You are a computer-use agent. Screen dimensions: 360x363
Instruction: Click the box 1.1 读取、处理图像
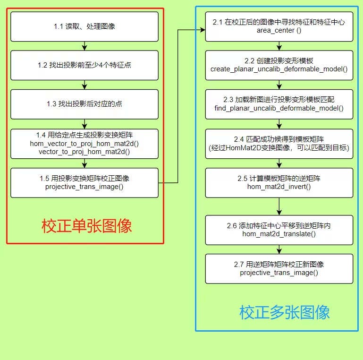point(84,26)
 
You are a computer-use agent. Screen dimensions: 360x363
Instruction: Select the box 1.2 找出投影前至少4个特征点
point(84,65)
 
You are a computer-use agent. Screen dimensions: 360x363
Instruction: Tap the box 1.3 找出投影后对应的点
point(84,104)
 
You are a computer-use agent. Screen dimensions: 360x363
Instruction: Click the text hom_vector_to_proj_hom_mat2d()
point(84,143)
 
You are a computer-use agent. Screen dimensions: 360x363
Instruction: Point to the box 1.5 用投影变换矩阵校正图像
point(84,182)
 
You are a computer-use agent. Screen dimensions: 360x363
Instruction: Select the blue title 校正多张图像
point(284,312)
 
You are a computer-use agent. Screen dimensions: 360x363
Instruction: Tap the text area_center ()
point(279,31)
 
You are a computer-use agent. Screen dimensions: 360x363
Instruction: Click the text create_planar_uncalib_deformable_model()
point(279,69)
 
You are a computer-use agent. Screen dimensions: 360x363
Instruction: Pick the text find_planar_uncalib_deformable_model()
point(279,109)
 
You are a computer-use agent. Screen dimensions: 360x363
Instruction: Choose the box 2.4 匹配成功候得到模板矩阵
point(279,143)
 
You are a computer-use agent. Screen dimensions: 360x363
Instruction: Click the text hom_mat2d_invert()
point(279,187)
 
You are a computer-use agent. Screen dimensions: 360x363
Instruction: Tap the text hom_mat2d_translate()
point(279,234)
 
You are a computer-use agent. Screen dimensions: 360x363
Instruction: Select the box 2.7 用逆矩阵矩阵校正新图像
point(279,268)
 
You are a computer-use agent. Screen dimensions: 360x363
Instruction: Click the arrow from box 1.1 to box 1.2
point(84,46)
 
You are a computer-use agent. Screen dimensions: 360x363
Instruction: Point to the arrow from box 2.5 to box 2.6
point(279,206)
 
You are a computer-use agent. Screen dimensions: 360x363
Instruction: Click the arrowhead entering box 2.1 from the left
point(203,30)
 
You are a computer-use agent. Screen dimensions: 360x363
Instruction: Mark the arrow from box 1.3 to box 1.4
point(84,124)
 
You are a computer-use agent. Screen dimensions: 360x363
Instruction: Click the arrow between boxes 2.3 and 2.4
point(279,124)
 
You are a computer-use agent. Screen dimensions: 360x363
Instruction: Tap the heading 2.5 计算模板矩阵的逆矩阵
point(279,179)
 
